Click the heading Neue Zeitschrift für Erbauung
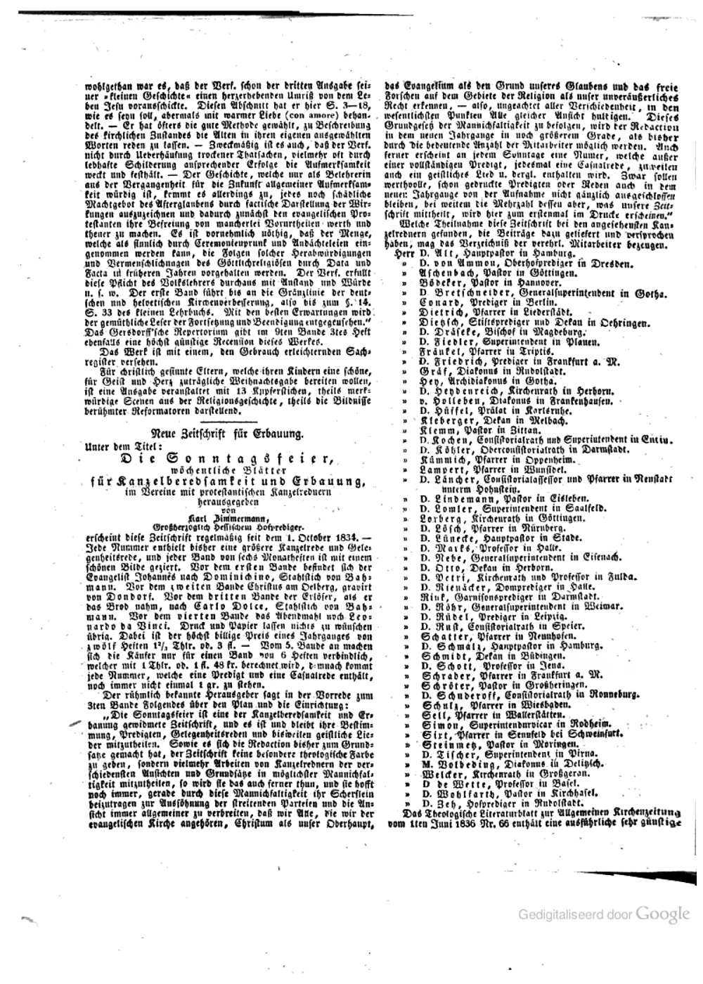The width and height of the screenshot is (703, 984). click(228, 434)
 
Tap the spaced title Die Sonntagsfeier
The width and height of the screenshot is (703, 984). click(228, 458)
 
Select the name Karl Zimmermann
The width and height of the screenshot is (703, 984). click(228, 519)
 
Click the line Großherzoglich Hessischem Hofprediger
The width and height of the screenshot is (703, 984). click(228, 526)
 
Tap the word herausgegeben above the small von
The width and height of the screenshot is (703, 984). click(228, 502)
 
